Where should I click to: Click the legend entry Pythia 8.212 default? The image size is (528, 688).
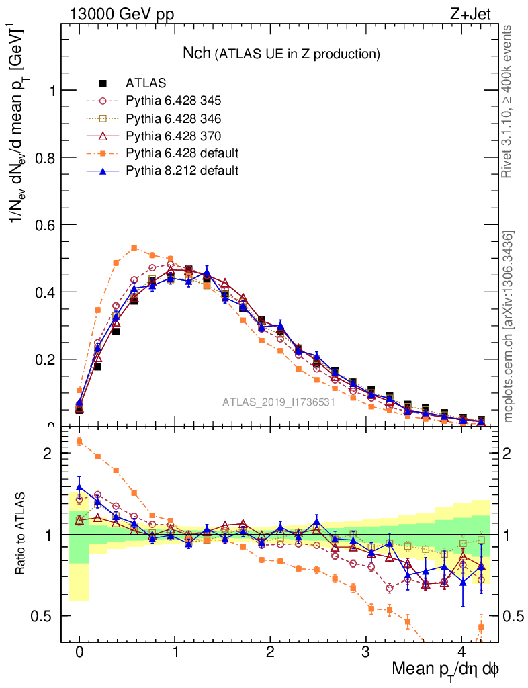pyautogui.click(x=182, y=171)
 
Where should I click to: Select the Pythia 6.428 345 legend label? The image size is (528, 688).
pyautogui.click(x=173, y=101)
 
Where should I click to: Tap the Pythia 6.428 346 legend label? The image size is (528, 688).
pyautogui.click(x=173, y=118)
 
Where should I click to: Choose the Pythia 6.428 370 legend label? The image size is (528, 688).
pyautogui.click(x=173, y=136)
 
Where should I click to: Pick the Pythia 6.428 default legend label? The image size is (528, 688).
pyautogui.click(x=182, y=153)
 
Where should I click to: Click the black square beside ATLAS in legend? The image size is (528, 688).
pyautogui.click(x=103, y=83)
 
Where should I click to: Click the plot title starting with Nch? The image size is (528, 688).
pyautogui.click(x=282, y=53)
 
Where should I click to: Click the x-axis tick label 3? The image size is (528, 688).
pyautogui.click(x=366, y=652)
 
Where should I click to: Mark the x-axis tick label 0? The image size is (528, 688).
pyautogui.click(x=79, y=652)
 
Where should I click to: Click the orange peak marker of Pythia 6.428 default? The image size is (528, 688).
pyautogui.click(x=134, y=247)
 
